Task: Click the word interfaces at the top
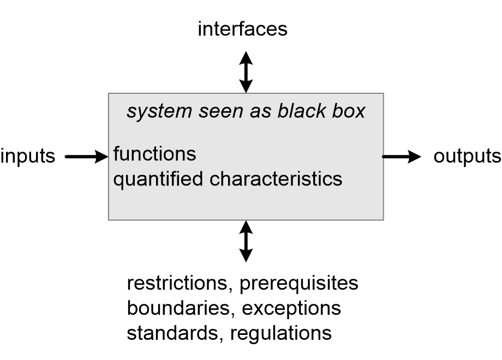(242, 29)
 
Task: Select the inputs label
(28, 157)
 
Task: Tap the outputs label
(467, 157)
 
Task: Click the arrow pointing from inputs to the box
(86, 157)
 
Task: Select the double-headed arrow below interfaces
(246, 71)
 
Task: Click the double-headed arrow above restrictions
(246, 241)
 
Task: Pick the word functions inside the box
(154, 154)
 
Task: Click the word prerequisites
(299, 284)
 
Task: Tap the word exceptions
(291, 308)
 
